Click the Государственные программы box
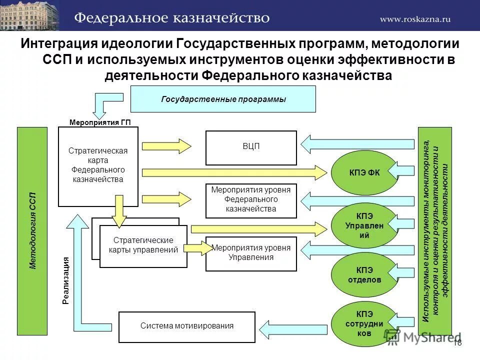223,99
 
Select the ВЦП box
251,147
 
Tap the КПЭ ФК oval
364,173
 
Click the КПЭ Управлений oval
364,225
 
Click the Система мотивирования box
186,326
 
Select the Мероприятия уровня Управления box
251,253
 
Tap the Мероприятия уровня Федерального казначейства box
251,200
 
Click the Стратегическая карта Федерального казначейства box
98,166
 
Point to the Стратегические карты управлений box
143,245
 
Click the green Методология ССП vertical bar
32,230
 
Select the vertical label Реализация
66,280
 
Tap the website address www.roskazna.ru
415,18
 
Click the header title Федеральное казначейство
172,18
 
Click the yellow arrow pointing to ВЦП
166,145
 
